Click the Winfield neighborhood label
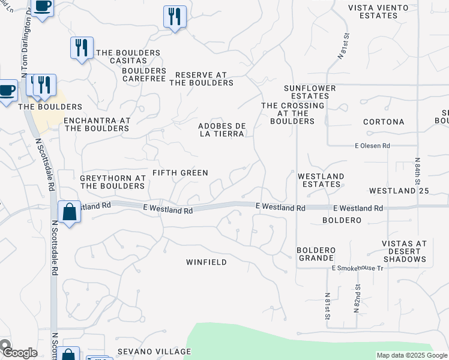point(206,262)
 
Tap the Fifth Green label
point(180,173)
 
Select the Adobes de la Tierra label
point(221,130)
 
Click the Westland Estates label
point(321,180)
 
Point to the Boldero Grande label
point(316,254)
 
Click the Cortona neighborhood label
point(384,122)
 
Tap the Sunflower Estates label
point(310,92)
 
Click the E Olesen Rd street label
point(372,146)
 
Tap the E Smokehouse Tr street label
point(357,268)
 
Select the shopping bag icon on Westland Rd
point(70,212)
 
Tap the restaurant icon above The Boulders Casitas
point(81,47)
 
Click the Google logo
point(19,352)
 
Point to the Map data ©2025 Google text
point(412,355)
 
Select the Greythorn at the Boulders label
point(113,182)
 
